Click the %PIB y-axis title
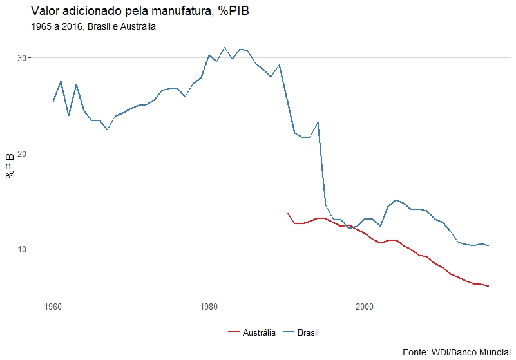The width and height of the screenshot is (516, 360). click(10, 166)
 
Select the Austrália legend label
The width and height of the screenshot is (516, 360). click(260, 333)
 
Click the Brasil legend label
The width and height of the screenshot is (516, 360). click(309, 333)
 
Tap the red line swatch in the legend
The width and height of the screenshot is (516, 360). click(234, 333)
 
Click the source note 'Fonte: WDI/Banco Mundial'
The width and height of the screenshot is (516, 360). click(455, 352)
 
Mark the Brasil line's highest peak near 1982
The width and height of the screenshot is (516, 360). click(224, 48)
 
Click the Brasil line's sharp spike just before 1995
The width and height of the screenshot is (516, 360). click(318, 122)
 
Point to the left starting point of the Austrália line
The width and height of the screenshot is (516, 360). click(287, 212)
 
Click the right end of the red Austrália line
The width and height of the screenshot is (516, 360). click(489, 286)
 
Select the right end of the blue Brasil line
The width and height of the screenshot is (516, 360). click(489, 245)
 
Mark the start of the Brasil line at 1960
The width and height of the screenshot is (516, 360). click(53, 101)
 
